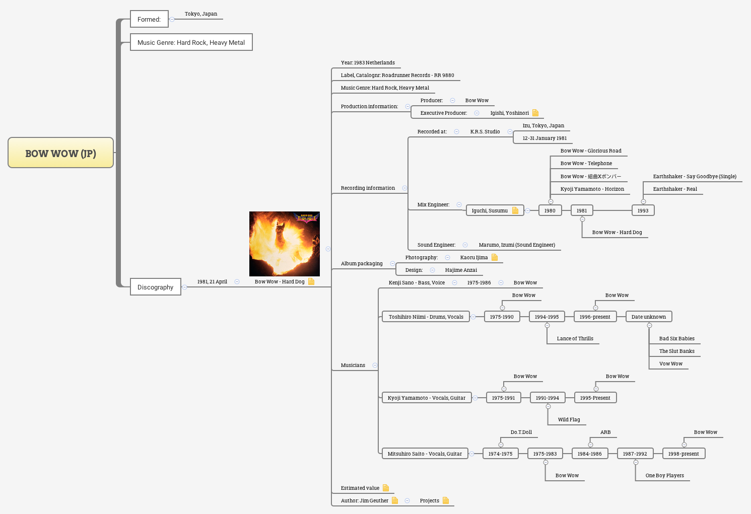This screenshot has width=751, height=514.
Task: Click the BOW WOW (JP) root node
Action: click(60, 153)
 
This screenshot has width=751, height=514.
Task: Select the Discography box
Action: click(155, 287)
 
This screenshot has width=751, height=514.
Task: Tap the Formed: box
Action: click(149, 19)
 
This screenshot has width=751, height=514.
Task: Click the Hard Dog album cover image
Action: click(284, 244)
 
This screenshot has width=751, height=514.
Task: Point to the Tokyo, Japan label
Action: click(200, 14)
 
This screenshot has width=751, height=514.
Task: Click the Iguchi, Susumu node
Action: click(490, 210)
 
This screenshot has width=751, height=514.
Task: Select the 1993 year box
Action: click(643, 210)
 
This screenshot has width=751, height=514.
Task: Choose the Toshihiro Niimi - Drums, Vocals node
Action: click(426, 317)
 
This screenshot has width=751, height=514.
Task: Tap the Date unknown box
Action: click(648, 317)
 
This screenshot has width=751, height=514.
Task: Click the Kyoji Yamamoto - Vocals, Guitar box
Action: click(426, 398)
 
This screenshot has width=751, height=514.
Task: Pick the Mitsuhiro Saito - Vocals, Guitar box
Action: click(425, 454)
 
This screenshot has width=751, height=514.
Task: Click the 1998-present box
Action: click(683, 454)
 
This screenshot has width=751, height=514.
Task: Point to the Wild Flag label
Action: click(569, 419)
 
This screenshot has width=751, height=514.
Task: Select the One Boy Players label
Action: click(664, 475)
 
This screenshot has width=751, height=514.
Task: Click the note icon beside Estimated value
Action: click(386, 488)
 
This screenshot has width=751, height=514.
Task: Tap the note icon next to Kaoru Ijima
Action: click(495, 257)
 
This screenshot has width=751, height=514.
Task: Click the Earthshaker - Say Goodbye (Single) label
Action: click(695, 176)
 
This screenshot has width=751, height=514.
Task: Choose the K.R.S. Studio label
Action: click(485, 131)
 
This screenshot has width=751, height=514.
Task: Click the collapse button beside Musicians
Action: click(375, 365)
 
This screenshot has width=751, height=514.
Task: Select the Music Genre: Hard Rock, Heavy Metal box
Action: click(191, 42)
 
